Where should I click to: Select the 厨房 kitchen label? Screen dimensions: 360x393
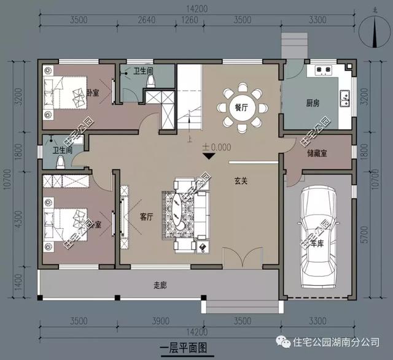(x=313, y=103)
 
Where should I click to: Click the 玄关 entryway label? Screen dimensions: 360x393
(x=241, y=182)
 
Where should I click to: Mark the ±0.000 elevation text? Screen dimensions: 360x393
(x=216, y=147)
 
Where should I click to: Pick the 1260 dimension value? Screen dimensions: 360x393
(x=190, y=20)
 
